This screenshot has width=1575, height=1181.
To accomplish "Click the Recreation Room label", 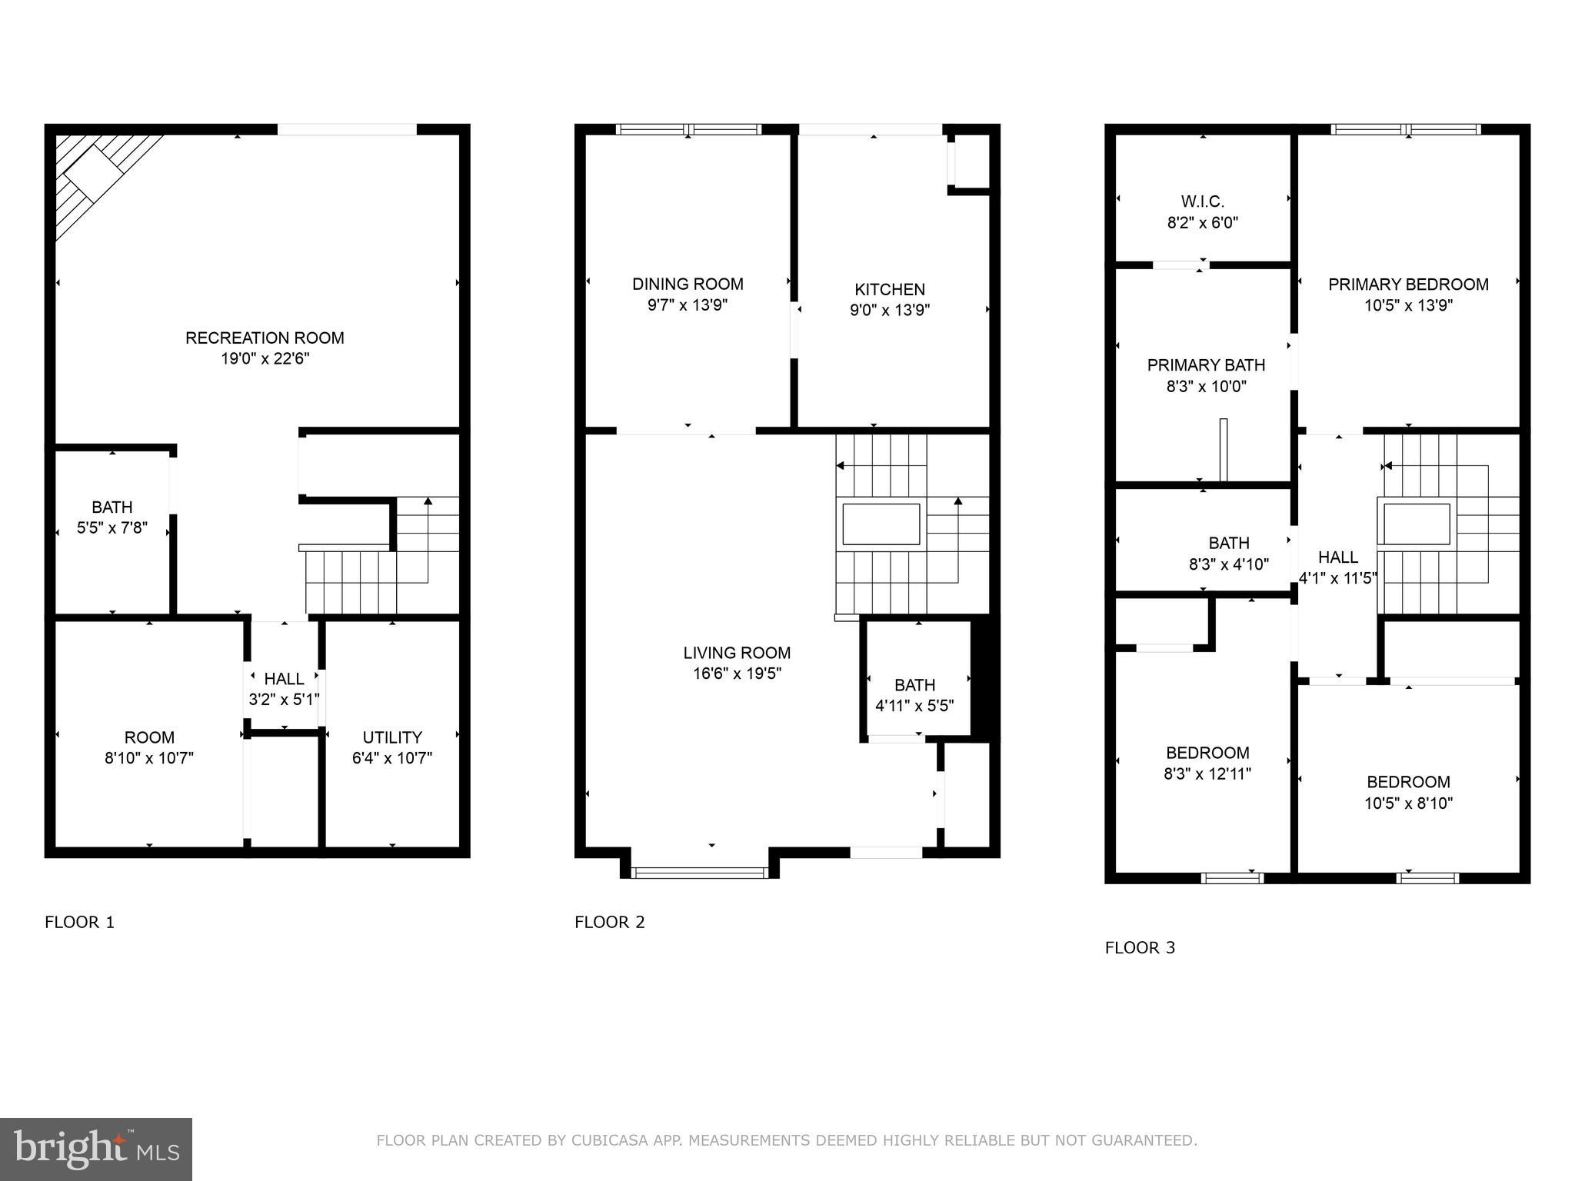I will click(265, 338).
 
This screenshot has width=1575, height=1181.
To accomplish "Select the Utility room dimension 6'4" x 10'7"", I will click(392, 758).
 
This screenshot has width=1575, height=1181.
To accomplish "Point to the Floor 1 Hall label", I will click(284, 679).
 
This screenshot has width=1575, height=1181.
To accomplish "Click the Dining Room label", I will click(688, 284).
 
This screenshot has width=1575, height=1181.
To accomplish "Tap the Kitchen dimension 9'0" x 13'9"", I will click(890, 311).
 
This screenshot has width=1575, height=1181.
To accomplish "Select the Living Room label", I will click(737, 653).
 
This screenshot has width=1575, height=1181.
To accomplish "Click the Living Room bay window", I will click(700, 872).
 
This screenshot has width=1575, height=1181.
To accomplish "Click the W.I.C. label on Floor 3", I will click(1203, 201).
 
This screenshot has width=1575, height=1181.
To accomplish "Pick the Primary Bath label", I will click(1206, 365).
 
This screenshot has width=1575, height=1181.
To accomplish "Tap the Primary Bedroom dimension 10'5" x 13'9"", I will click(1408, 305).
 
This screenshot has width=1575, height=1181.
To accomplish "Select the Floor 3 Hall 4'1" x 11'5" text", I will click(1338, 567).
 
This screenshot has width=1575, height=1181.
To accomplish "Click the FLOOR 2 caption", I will click(609, 922).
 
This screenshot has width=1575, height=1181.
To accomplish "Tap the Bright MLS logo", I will click(96, 1149).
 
